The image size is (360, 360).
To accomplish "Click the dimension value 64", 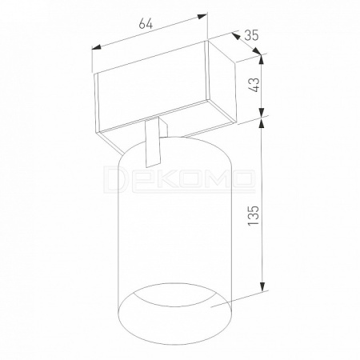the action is pyautogui.click(x=146, y=24).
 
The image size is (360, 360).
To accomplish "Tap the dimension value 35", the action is pyautogui.click(x=251, y=35).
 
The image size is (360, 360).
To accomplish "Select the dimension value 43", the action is pyautogui.click(x=255, y=85).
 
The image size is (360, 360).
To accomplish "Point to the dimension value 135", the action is pyautogui.click(x=253, y=215).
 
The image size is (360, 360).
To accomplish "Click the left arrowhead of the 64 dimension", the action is pyautogui.click(x=97, y=47).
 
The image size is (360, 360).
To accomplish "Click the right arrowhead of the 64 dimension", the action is pyautogui.click(x=202, y=16).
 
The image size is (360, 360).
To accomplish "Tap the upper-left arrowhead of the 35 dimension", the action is pyautogui.click(x=235, y=36).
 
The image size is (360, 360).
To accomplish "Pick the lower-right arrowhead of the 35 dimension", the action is pyautogui.click(x=257, y=51).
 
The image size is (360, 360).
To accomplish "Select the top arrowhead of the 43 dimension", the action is pyautogui.click(x=262, y=59).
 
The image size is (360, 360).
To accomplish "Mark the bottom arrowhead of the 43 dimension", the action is pyautogui.click(x=262, y=112).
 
